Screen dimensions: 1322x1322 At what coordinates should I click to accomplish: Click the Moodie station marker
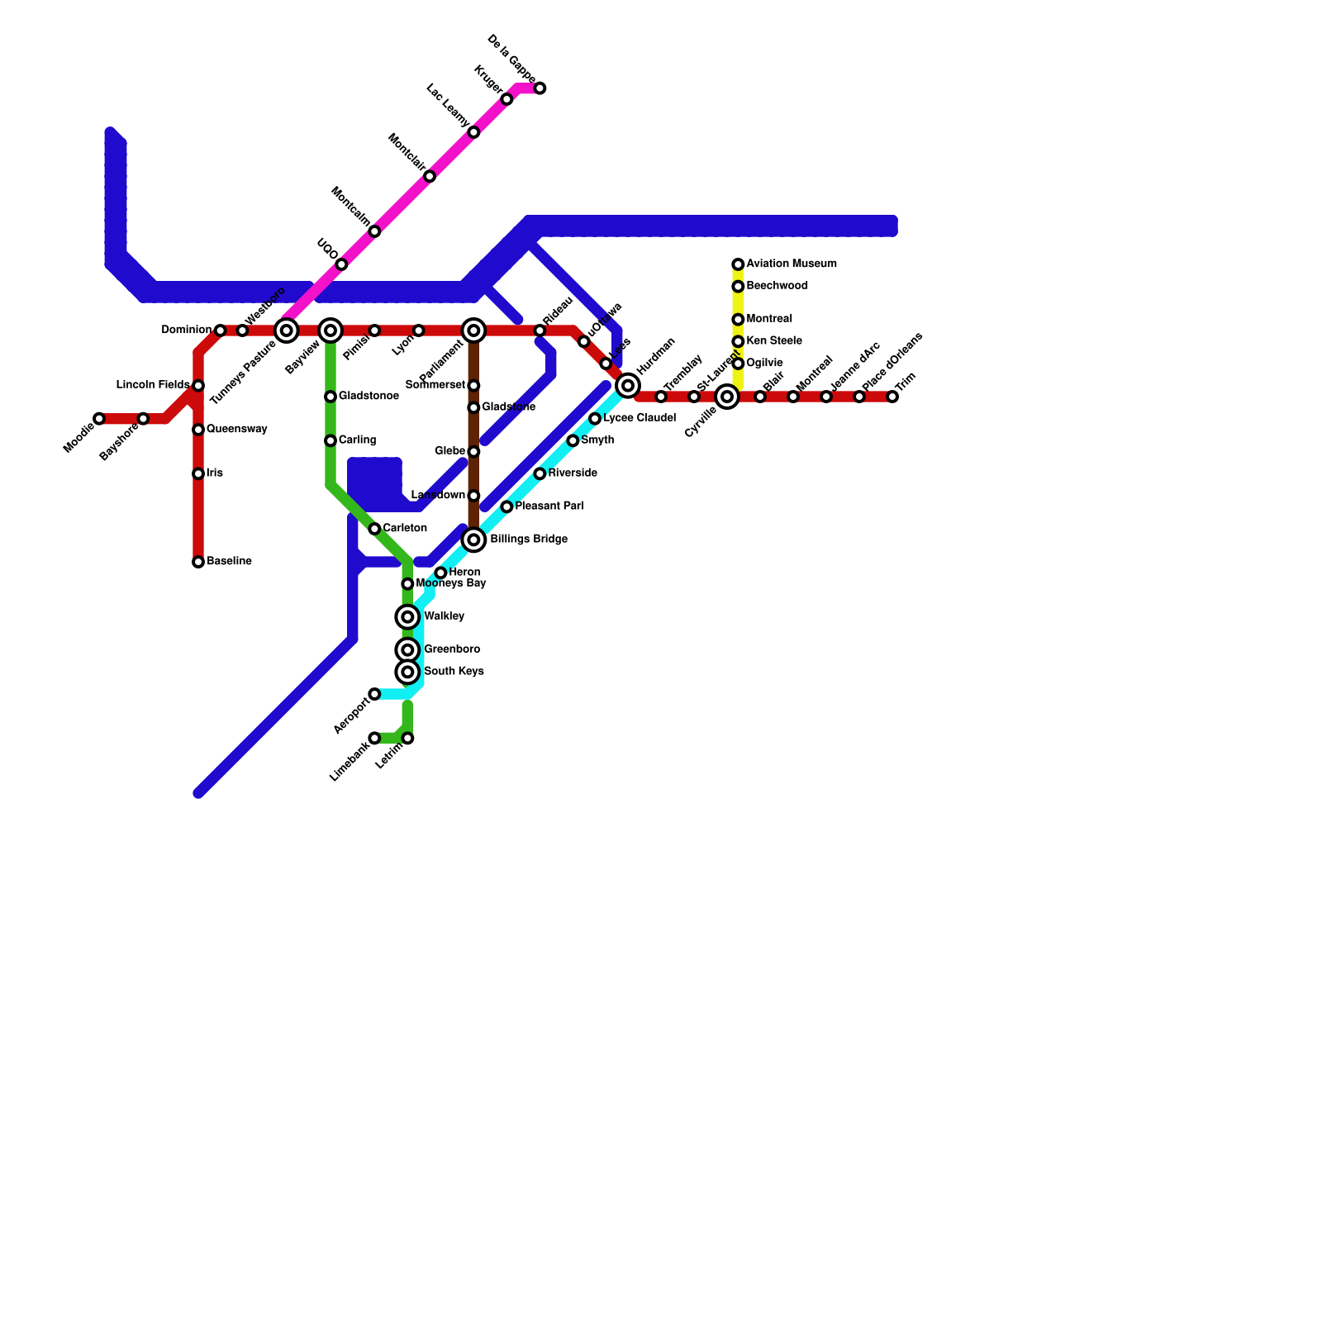tap(99, 419)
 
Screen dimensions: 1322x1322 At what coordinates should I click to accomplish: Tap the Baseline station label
tap(229, 562)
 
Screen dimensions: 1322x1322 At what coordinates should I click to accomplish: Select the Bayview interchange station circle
tap(330, 330)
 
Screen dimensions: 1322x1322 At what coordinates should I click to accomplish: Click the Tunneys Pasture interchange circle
tap(286, 330)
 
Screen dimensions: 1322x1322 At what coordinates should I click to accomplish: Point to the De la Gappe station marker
tap(540, 88)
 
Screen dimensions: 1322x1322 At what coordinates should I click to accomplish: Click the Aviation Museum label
tap(792, 264)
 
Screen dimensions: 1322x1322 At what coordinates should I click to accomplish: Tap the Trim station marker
tap(892, 397)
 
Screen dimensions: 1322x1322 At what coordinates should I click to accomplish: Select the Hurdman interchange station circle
tap(628, 385)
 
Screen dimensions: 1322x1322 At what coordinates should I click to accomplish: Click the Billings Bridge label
tap(529, 540)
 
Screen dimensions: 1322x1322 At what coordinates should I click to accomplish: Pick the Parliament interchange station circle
tap(473, 330)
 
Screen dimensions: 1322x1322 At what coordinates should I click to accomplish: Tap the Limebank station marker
tap(374, 738)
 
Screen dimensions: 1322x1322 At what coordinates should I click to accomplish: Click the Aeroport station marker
tap(374, 694)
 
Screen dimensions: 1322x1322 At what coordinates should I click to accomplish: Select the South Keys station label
tap(454, 672)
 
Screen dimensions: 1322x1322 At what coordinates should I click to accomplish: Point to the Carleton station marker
tap(374, 529)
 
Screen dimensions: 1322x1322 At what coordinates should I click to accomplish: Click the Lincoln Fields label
tap(153, 385)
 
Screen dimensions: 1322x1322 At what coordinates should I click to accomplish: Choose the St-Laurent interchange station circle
tap(727, 397)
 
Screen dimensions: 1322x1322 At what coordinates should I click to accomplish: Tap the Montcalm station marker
tap(374, 231)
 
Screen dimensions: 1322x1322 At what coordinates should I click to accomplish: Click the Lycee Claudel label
tap(640, 419)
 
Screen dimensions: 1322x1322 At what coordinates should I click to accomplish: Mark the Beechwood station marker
tap(738, 287)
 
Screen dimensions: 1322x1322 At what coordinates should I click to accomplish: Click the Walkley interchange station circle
tap(407, 617)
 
